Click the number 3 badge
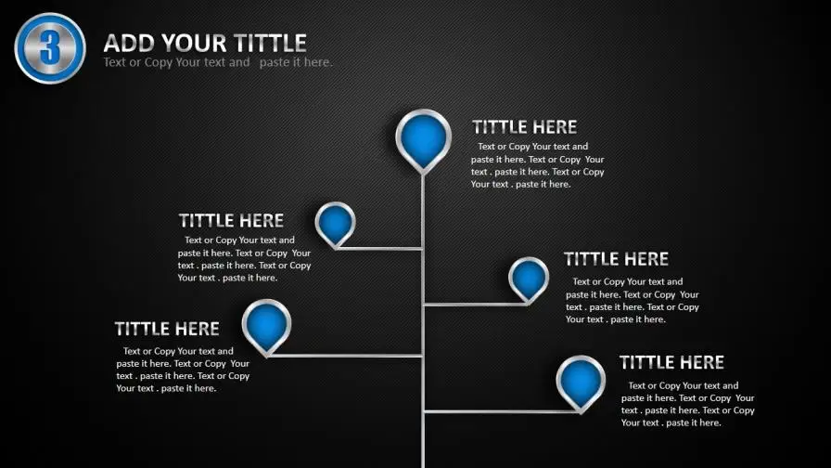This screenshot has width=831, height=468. pos(50,48)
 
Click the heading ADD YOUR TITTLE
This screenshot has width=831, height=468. pos(205,43)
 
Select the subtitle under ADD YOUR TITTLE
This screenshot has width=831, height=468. pos(218,62)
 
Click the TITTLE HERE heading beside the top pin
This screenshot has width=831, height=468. pos(524,127)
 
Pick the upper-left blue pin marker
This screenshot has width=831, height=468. pos(335,225)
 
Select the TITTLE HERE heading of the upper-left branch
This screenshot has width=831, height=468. pos(231,220)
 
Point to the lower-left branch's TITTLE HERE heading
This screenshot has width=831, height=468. pos(167,329)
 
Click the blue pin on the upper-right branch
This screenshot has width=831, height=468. pos(529,280)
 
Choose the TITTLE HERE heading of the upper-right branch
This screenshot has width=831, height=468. pos(616,259)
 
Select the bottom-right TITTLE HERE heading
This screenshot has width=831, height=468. pos(671,362)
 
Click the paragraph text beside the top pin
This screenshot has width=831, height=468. pos(537,165)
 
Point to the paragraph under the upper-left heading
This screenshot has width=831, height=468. pos(244,259)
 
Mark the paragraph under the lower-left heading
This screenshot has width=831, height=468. pos(183,370)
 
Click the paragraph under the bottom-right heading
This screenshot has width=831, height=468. pos(688,404)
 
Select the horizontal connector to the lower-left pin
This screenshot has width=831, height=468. pos(345,356)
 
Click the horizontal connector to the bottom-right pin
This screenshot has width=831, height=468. pos(502,411)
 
